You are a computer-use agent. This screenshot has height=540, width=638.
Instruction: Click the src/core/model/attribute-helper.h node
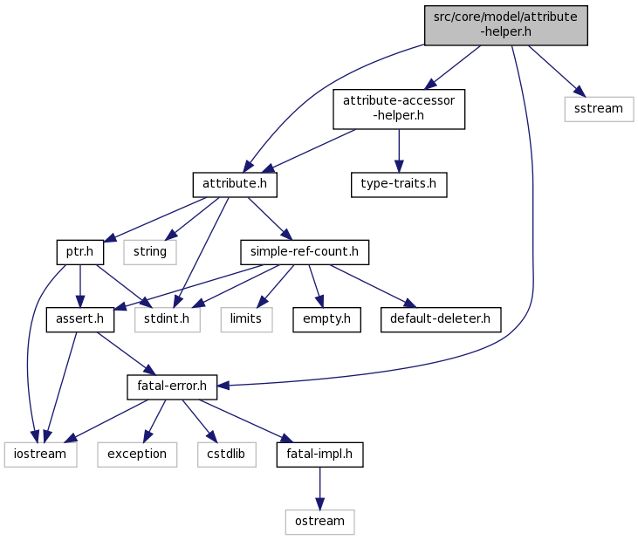(x=505, y=25)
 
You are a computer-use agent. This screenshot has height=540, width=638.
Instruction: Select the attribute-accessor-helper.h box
(x=399, y=109)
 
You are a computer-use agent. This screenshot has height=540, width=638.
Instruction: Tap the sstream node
(x=599, y=109)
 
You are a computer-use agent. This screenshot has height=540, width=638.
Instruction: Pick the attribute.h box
(x=235, y=185)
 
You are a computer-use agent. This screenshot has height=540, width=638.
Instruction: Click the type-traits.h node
(x=399, y=185)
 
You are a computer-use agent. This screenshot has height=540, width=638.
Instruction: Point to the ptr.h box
(x=80, y=252)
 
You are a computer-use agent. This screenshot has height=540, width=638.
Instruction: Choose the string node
(x=150, y=252)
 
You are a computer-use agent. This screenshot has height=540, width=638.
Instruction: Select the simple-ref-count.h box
(x=305, y=252)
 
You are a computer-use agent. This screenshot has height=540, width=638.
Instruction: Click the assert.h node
(x=80, y=319)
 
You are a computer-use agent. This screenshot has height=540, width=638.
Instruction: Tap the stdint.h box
(x=168, y=319)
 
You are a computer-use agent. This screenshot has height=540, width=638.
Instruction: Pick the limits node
(x=247, y=319)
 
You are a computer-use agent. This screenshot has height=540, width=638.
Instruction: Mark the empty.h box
(x=326, y=319)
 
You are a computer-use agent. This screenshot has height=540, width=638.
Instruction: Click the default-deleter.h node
(x=441, y=319)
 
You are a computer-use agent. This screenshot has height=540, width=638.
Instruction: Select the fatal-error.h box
(x=172, y=387)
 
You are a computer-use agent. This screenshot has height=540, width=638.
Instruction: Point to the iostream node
(x=41, y=455)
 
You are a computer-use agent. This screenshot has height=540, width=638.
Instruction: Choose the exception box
(x=137, y=455)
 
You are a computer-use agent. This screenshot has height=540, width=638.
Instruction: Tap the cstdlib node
(x=227, y=455)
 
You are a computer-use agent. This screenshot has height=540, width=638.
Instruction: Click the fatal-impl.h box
(x=319, y=455)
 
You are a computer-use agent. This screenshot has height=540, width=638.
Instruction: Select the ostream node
(x=319, y=522)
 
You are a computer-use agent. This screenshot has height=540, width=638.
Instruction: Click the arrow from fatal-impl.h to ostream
(x=319, y=489)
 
